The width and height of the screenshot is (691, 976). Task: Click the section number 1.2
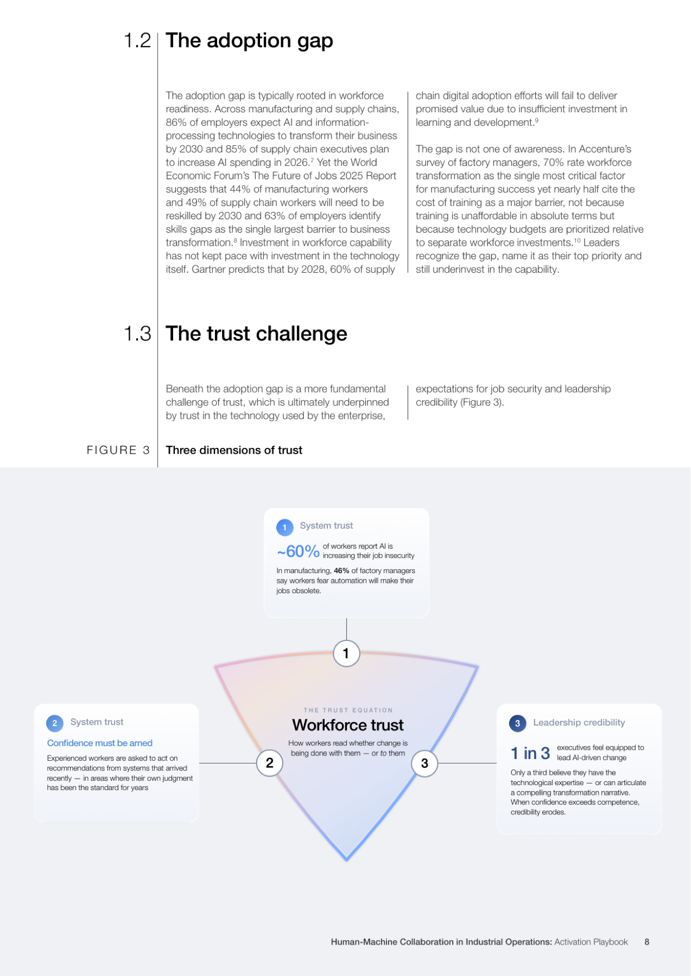tap(137, 41)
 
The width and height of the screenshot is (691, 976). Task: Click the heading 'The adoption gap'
tap(249, 41)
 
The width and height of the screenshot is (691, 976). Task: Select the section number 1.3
tap(137, 334)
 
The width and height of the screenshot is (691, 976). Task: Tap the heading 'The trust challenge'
tap(256, 334)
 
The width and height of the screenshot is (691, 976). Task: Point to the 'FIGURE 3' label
tap(118, 450)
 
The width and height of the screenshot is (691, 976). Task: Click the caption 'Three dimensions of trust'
tap(234, 450)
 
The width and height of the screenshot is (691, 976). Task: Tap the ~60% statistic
tap(298, 551)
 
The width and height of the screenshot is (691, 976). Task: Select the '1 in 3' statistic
tap(530, 753)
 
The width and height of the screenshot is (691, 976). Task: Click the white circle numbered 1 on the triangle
tap(346, 653)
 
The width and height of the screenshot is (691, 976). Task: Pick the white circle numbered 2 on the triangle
tap(270, 763)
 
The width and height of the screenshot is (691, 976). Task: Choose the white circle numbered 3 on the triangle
tap(424, 763)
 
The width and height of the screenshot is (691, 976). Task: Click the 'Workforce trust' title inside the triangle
tap(348, 725)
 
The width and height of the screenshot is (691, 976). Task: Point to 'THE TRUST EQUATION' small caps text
tap(348, 710)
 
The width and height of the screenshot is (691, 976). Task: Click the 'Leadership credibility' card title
tap(579, 723)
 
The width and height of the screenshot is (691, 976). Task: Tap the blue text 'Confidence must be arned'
tap(100, 743)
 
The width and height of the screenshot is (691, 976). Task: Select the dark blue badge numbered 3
tap(517, 723)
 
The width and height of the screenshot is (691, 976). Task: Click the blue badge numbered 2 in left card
tap(55, 723)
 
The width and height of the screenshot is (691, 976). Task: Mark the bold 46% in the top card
tap(341, 570)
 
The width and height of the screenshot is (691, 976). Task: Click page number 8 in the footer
tap(647, 942)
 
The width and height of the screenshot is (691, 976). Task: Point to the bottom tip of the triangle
tap(347, 861)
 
